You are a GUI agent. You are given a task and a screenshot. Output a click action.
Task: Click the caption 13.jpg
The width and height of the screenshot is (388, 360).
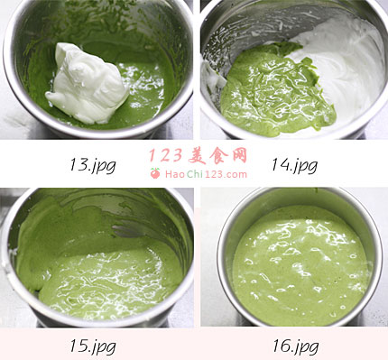pyautogui.click(x=93, y=165)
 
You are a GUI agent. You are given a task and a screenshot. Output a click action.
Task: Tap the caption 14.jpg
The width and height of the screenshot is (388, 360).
pyautogui.click(x=294, y=165)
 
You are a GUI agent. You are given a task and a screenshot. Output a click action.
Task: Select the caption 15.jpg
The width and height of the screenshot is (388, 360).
pyautogui.click(x=93, y=346)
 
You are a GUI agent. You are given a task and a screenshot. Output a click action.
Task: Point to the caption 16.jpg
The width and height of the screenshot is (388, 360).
pyautogui.click(x=295, y=346)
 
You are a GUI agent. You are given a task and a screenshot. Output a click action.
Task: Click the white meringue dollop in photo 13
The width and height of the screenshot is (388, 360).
pyautogui.click(x=88, y=84)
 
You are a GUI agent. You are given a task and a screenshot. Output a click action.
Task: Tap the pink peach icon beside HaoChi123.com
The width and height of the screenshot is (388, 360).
pyautogui.click(x=155, y=173)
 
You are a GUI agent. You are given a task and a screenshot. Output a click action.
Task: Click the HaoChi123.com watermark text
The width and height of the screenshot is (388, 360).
pyautogui.click(x=206, y=174)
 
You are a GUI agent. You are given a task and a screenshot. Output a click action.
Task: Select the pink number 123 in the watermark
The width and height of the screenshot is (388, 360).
pyautogui.click(x=166, y=155)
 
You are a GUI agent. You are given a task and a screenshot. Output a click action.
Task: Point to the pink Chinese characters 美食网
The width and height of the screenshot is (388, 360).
pyautogui.click(x=218, y=155)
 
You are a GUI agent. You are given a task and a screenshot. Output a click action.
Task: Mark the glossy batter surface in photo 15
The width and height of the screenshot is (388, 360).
pyautogui.click(x=111, y=280)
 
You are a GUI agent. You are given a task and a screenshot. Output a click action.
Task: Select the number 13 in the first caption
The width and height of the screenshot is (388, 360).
pyautogui.click(x=79, y=164)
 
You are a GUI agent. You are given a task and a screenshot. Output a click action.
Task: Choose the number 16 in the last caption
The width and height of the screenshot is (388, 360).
pyautogui.click(x=282, y=346)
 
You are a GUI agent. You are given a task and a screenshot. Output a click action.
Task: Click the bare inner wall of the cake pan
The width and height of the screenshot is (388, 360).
pyautogui.click(x=300, y=197)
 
